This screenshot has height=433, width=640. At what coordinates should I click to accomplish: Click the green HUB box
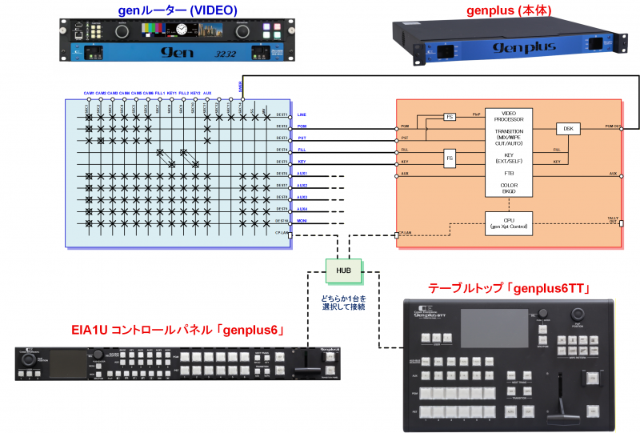(343, 271)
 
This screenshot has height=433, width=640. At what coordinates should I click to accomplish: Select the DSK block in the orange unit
(567, 128)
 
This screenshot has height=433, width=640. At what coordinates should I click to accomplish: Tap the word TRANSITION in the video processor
(507, 132)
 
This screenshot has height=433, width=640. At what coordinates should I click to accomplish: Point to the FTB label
(507, 173)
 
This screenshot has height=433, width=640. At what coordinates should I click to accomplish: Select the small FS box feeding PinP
(450, 117)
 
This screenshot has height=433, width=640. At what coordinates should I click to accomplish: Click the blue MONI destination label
(302, 220)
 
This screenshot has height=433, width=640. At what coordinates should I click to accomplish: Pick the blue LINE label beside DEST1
(302, 114)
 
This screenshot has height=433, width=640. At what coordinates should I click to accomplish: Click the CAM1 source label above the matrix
(89, 94)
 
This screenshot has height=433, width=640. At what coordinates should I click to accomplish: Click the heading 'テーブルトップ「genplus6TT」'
(509, 288)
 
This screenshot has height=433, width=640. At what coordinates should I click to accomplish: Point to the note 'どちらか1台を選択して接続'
(343, 302)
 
